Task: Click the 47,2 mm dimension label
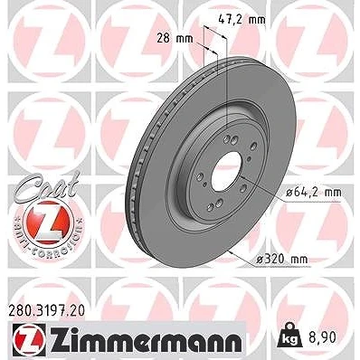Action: coord(242,20)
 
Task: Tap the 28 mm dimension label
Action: coord(175,39)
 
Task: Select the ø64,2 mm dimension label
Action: coord(314,193)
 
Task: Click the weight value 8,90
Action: coord(323,337)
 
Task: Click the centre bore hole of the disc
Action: coord(225,171)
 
